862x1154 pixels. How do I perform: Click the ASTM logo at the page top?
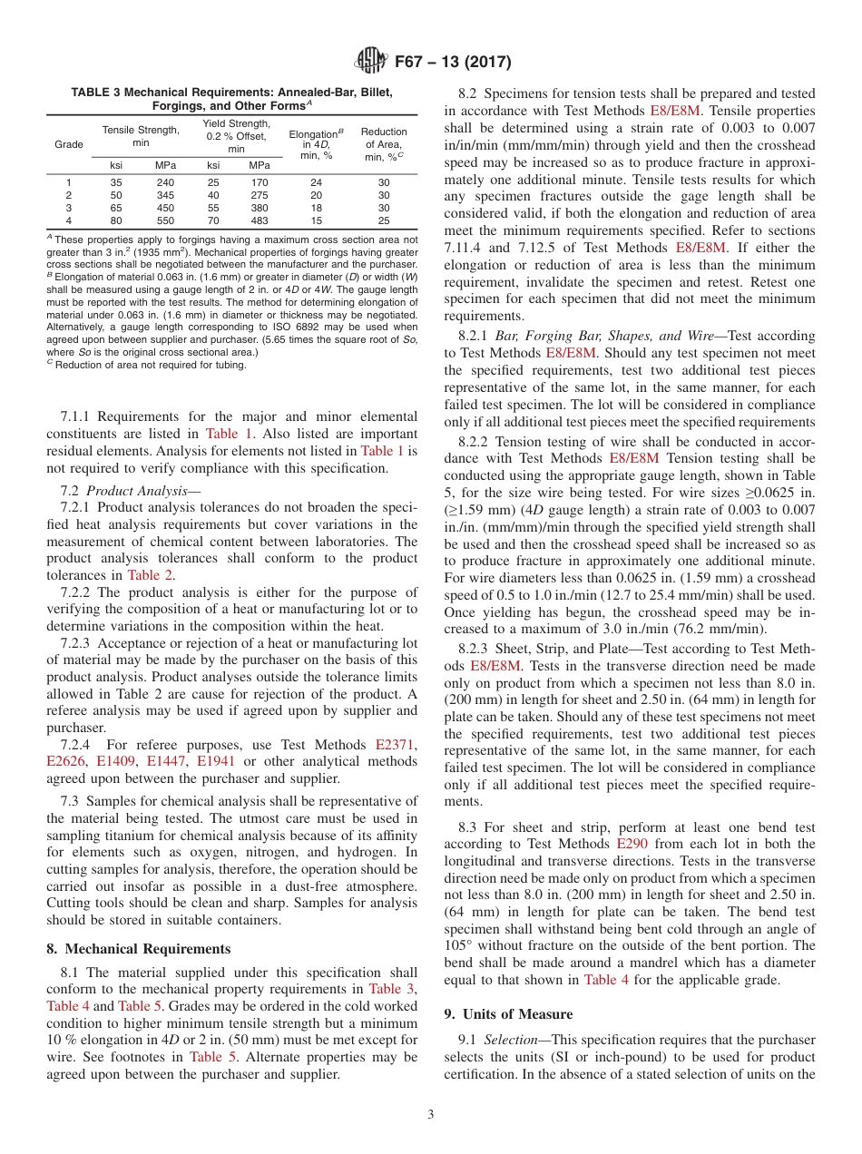point(368,62)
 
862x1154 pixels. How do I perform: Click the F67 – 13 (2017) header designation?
point(453,63)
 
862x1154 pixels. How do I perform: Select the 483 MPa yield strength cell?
point(260,220)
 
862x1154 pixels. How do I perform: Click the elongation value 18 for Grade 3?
point(316,208)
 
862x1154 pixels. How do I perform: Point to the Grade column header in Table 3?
point(69,144)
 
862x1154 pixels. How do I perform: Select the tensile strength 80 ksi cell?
point(116,220)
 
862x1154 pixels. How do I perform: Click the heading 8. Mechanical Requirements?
point(138,949)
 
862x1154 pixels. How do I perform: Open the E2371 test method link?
point(397,745)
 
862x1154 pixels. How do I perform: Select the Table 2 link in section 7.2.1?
point(152,574)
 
